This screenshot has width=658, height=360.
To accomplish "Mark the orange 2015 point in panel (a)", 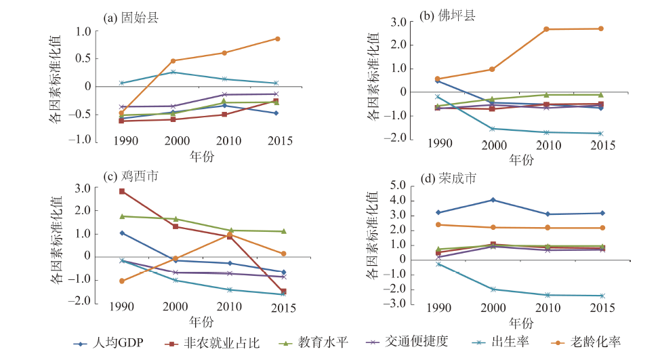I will pyautogui.click(x=276, y=39).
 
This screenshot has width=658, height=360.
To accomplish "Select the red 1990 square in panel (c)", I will pyautogui.click(x=122, y=191).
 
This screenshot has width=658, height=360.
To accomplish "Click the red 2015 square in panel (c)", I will pyautogui.click(x=283, y=292).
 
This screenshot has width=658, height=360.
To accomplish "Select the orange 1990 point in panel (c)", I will pyautogui.click(x=122, y=281).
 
